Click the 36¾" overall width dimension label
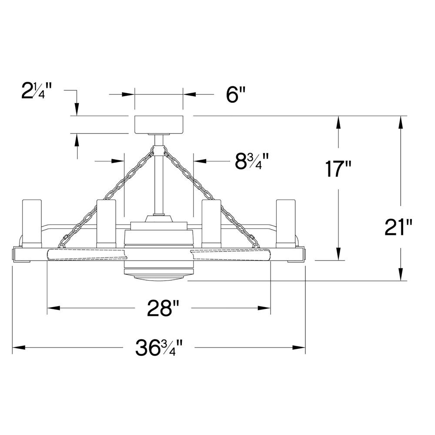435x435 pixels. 159,348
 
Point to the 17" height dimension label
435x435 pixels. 338,169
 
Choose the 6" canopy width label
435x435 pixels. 236,94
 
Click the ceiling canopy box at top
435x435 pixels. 159,124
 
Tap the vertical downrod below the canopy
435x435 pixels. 159,175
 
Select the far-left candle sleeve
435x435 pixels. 32,224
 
